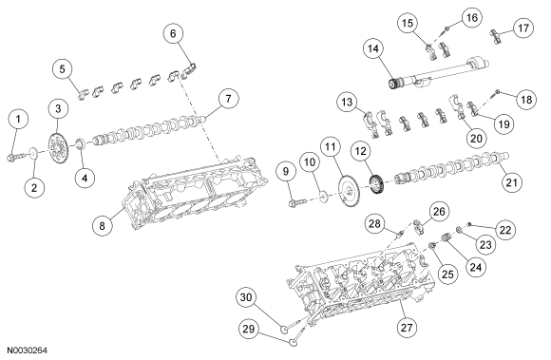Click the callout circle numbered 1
[19, 119]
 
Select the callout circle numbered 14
[373, 49]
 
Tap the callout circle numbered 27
[407, 328]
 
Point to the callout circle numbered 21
[511, 182]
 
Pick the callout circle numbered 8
[102, 225]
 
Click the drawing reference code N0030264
[28, 351]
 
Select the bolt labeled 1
[17, 156]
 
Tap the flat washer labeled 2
[34, 153]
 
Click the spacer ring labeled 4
[81, 143]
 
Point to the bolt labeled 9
[298, 202]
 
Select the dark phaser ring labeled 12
[378, 184]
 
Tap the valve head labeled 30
[284, 330]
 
